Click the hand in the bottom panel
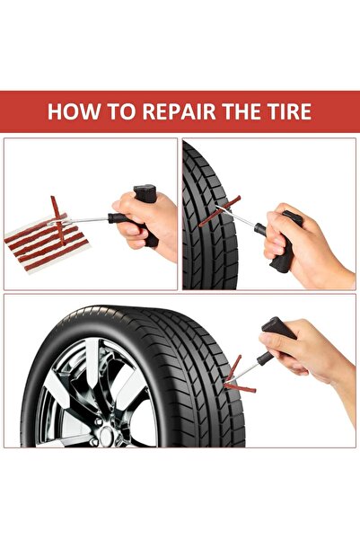(x=310, y=355)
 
